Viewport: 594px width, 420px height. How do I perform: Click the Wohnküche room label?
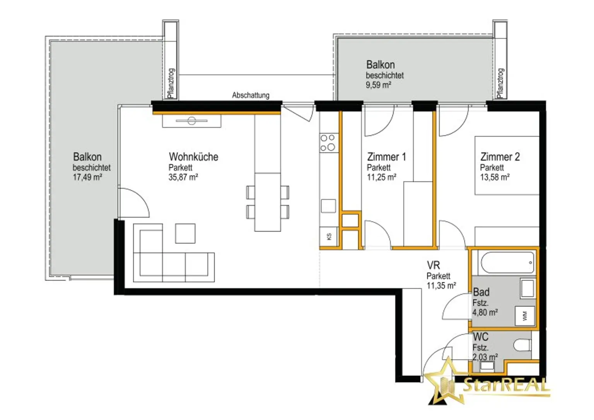[x=193, y=157]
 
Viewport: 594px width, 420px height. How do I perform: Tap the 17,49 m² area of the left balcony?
[x=87, y=177]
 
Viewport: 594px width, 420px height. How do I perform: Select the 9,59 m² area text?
[x=378, y=85]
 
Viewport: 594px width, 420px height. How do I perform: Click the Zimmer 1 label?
[x=386, y=157]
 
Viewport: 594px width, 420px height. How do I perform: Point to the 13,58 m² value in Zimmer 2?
[x=495, y=177]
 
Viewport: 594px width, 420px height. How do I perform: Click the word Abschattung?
[x=251, y=95]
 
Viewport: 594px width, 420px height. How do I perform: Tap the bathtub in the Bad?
[x=507, y=263]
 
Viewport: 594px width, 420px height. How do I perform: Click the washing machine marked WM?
[x=525, y=316]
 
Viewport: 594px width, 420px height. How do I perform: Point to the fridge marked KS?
[x=329, y=236]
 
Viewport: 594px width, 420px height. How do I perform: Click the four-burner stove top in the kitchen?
[x=328, y=143]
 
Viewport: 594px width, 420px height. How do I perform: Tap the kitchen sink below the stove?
[x=328, y=206]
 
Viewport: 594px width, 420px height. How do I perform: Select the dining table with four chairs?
[x=267, y=202]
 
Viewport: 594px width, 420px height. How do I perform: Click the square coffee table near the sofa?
[x=185, y=233]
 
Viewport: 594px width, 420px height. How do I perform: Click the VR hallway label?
[x=433, y=265]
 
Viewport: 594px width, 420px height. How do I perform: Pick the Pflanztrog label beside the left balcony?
[x=171, y=83]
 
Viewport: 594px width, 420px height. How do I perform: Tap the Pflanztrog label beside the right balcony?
[x=500, y=83]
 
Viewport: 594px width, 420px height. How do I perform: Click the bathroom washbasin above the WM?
[x=527, y=288]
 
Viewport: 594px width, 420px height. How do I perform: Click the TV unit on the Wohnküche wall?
[x=191, y=121]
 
